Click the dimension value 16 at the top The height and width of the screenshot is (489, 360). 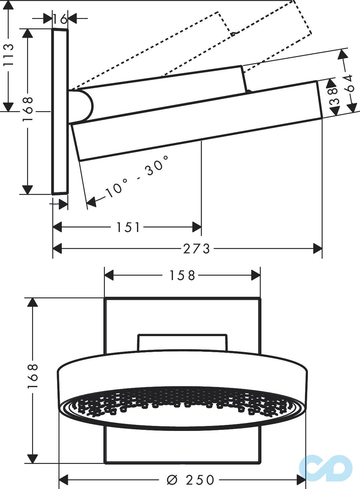(60, 19)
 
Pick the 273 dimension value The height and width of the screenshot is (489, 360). (197, 249)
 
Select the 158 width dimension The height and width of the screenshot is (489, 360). (182, 276)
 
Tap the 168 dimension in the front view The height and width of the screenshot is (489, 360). (33, 376)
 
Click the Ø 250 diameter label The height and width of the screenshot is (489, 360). (190, 480)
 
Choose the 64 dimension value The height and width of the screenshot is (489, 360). (349, 83)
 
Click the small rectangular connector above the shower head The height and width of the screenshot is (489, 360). (182, 342)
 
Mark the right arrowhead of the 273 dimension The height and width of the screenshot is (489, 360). (317, 249)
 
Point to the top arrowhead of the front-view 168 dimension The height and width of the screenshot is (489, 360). (32, 302)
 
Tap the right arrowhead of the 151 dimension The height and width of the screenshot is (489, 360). (197, 228)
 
